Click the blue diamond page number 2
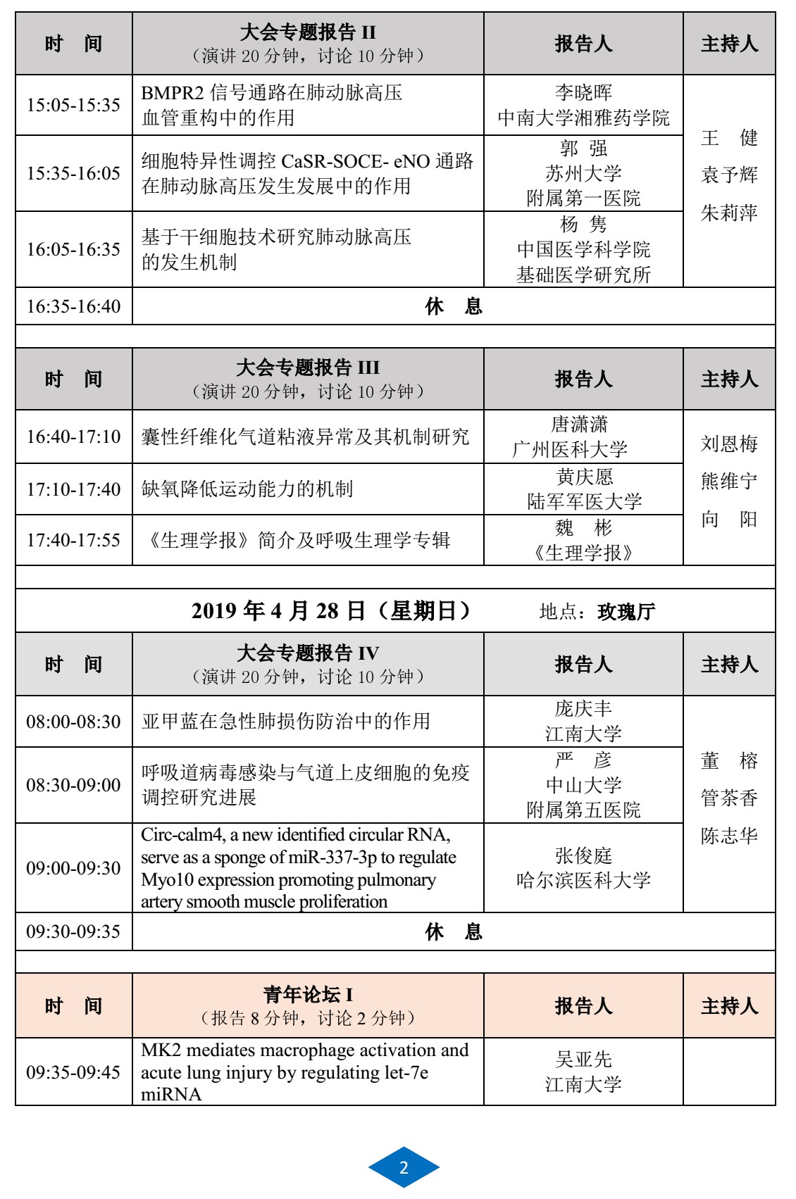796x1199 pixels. (404, 1167)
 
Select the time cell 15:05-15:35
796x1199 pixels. (73, 105)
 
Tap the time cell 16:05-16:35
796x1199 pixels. (73, 249)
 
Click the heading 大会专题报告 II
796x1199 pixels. (308, 32)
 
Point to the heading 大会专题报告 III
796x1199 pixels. (308, 368)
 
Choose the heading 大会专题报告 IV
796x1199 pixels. (308, 653)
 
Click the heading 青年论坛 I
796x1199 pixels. (308, 995)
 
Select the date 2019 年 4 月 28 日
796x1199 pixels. (278, 610)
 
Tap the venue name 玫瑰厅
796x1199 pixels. (626, 612)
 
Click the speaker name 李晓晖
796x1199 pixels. (583, 92)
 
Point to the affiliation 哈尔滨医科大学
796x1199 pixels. (583, 881)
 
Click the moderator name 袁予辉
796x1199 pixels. (729, 175)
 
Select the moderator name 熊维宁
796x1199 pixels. (729, 482)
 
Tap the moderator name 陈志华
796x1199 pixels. (729, 836)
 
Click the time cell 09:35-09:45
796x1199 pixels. (73, 1072)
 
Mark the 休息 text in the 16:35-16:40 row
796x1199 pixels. (454, 306)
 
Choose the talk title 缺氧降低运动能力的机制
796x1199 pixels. (247, 489)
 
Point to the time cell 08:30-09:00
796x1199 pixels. (73, 785)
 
